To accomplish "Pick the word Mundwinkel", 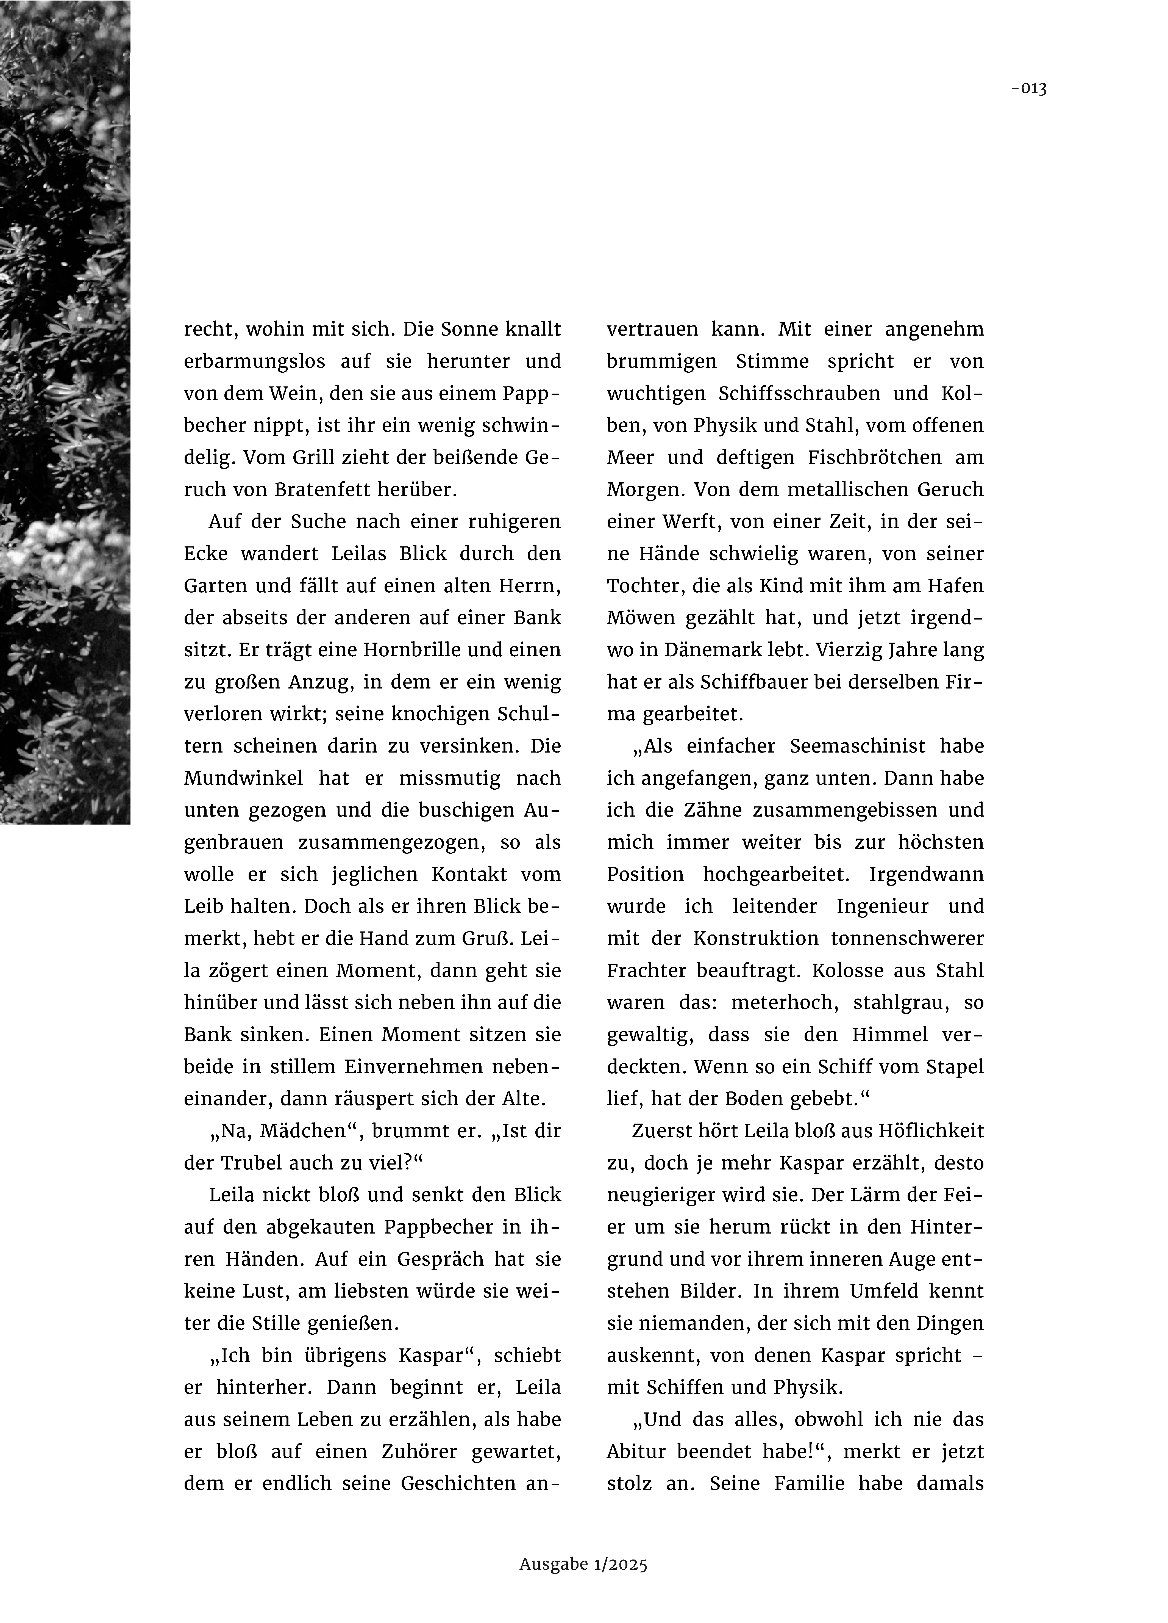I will (x=243, y=778).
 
